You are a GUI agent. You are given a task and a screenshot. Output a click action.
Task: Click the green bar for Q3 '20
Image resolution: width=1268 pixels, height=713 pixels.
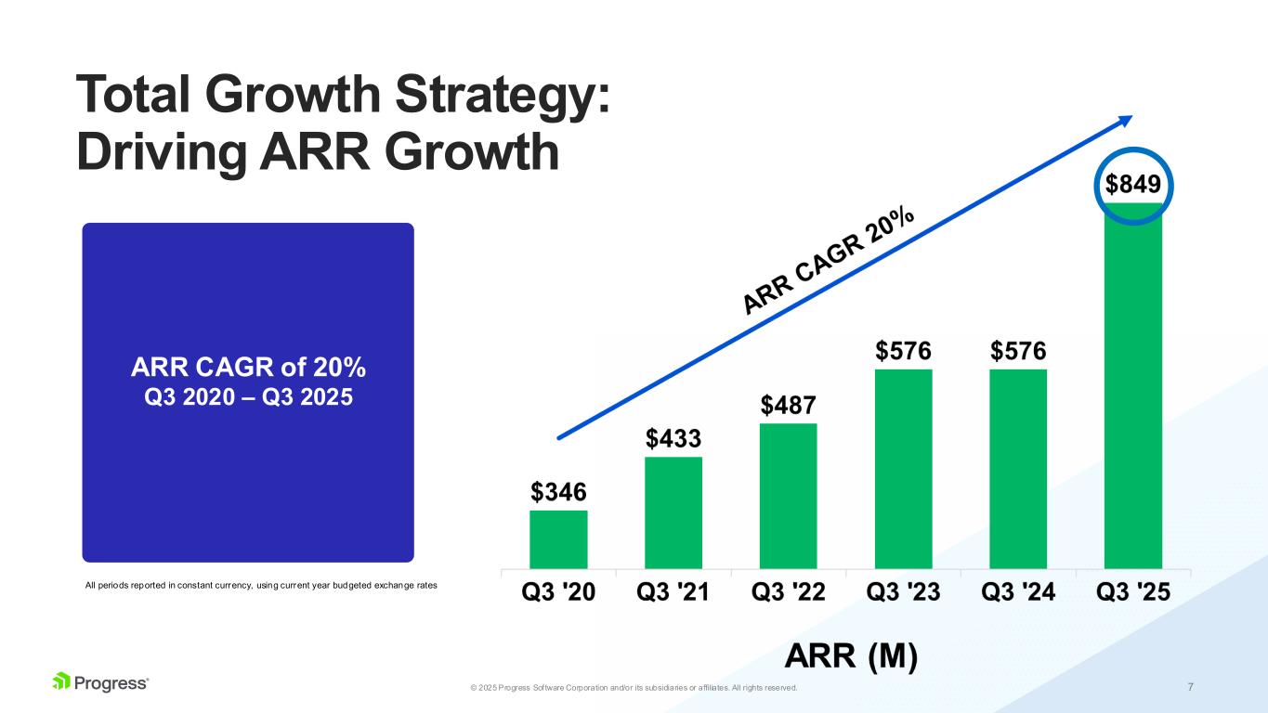tap(558, 539)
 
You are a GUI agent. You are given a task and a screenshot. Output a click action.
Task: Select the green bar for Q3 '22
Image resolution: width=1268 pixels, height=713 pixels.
tap(788, 496)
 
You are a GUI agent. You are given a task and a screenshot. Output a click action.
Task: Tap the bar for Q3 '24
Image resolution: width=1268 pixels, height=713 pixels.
tap(1018, 469)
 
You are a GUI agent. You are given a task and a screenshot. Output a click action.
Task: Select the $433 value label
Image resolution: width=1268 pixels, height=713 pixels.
tap(673, 436)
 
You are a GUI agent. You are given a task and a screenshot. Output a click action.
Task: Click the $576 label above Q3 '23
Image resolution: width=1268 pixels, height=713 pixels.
tap(903, 351)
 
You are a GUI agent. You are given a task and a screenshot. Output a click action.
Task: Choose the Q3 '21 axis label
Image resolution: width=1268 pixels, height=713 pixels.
tap(673, 592)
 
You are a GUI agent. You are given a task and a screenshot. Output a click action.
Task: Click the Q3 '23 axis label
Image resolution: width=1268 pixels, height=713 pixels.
tap(903, 592)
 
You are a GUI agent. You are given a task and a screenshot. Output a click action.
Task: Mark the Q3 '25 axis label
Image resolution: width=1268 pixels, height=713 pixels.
tap(1132, 592)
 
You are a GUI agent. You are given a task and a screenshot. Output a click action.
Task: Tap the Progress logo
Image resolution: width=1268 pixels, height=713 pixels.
tap(100, 682)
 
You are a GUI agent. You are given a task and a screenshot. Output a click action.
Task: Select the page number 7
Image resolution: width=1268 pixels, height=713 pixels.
tap(1190, 687)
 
